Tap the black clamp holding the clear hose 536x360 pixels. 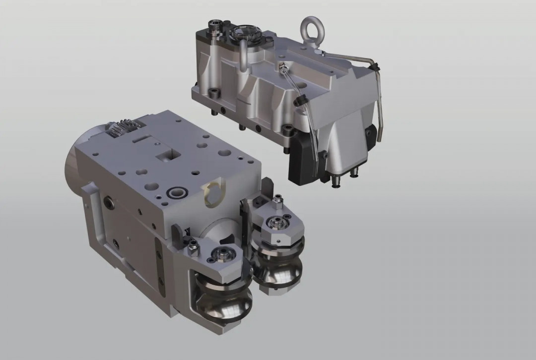tap(299, 102)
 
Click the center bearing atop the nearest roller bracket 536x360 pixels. tap(218, 256)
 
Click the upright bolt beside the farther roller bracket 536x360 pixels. tap(278, 201)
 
